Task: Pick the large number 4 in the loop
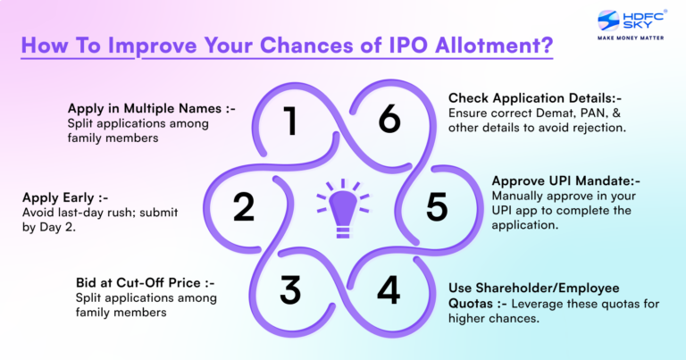click(388, 290)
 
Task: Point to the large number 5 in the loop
click(436, 206)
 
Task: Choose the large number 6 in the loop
click(389, 120)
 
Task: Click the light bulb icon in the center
click(340, 205)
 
